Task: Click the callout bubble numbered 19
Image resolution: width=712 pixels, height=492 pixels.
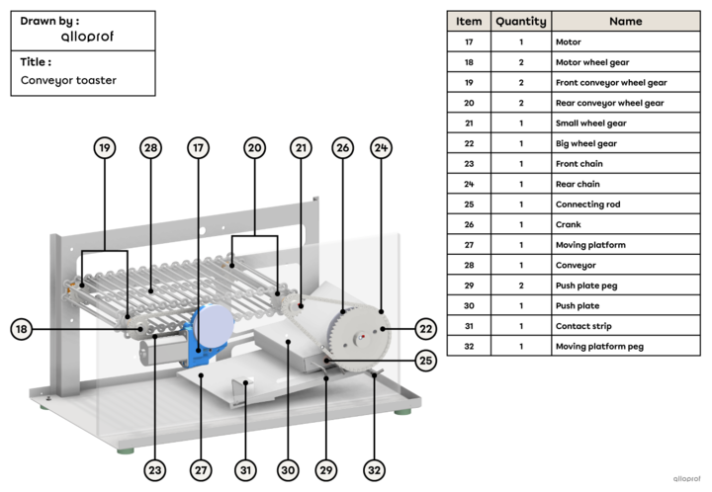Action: (105, 148)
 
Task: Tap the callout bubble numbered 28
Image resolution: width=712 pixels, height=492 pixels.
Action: (150, 148)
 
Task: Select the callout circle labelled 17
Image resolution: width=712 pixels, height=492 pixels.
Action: (198, 148)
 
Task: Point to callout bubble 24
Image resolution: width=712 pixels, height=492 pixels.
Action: (381, 148)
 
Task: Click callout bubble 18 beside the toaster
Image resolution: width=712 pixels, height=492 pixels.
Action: (21, 330)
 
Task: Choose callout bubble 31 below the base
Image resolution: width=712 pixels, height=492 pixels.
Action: (244, 471)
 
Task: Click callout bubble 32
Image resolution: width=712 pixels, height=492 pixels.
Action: (374, 471)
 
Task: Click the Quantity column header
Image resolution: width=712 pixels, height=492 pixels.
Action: (520, 21)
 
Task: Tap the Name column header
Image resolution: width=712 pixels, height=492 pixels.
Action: (625, 21)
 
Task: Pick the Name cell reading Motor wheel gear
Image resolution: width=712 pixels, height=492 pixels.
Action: (590, 62)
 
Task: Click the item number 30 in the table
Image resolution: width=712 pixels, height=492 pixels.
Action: (470, 305)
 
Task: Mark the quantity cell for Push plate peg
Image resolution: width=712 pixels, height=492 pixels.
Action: (520, 285)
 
